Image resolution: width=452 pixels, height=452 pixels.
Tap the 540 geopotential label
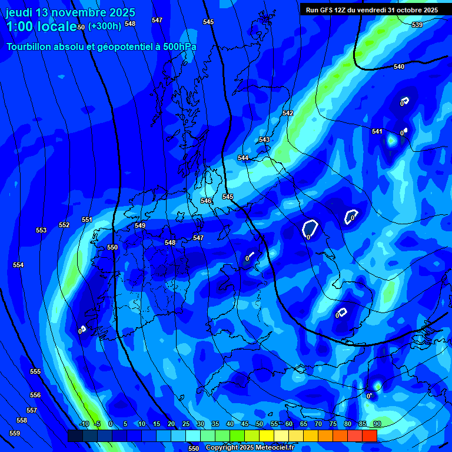(399, 67)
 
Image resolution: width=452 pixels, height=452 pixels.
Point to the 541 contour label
(377, 131)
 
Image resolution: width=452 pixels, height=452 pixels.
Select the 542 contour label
(288, 113)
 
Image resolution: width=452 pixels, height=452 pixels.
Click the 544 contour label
(243, 158)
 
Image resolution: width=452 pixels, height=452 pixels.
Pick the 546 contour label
(206, 201)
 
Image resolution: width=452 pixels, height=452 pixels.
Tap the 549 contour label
(140, 225)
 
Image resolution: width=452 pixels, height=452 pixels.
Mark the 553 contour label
(41, 230)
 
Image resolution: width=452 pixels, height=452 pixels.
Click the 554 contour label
(18, 265)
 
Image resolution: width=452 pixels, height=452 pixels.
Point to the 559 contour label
(15, 433)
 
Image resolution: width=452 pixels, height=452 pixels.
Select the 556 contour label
(35, 395)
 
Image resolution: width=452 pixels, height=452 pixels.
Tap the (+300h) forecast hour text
(104, 26)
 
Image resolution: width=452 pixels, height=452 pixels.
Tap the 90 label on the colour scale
(377, 424)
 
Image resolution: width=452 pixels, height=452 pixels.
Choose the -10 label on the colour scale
(84, 424)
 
